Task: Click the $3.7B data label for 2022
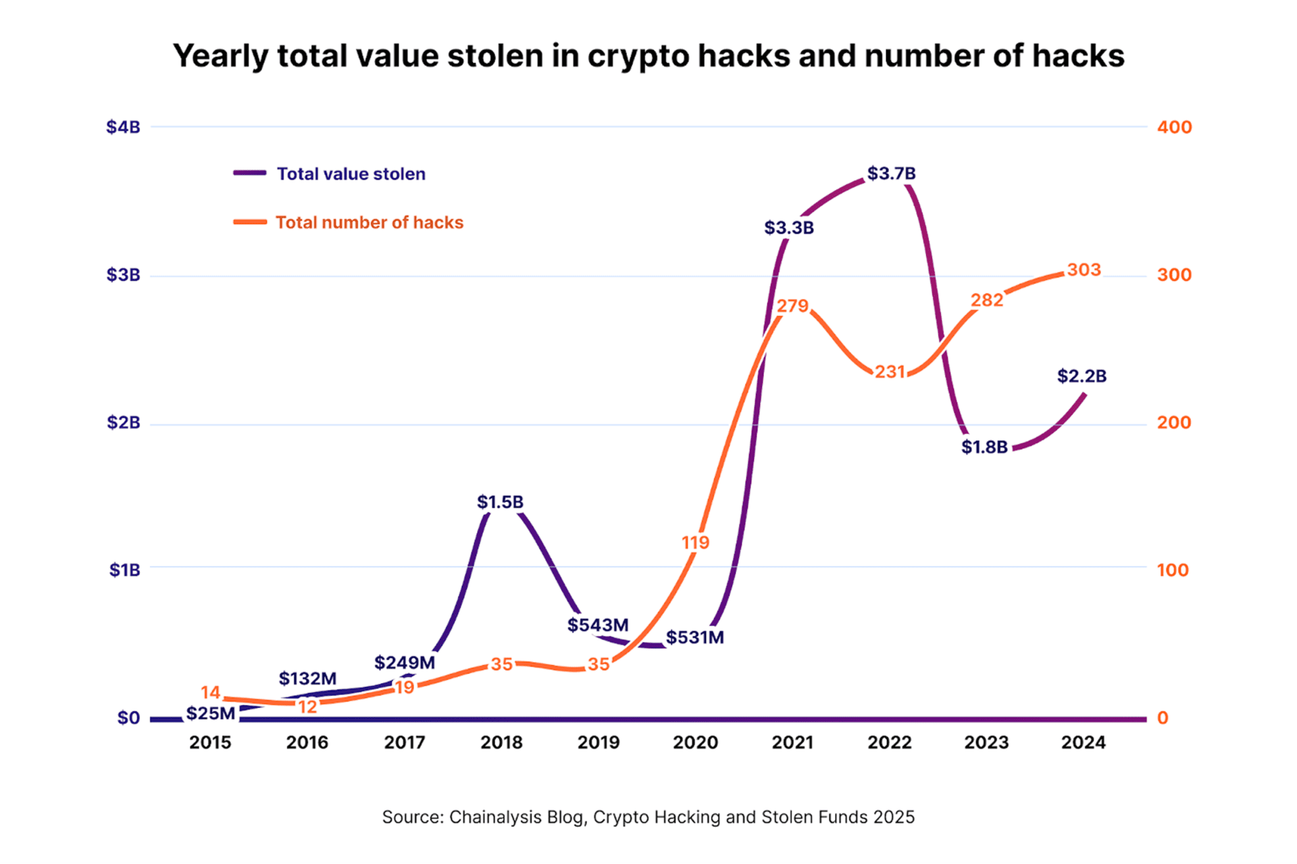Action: click(x=891, y=174)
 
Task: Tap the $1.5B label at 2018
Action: click(x=500, y=502)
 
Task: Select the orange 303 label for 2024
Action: click(x=1084, y=270)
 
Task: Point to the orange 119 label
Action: click(x=695, y=542)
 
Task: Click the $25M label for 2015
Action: click(x=210, y=713)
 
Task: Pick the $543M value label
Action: click(x=598, y=625)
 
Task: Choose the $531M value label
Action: click(x=694, y=637)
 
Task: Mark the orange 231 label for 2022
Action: click(x=890, y=372)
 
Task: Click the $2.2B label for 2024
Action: click(x=1082, y=376)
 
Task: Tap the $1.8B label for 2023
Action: click(x=984, y=447)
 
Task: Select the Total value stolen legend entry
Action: click(x=351, y=174)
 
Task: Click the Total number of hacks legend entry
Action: click(x=369, y=222)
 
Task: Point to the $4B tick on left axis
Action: click(x=123, y=127)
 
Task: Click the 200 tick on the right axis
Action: click(x=1174, y=423)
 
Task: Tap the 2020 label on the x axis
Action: click(x=695, y=742)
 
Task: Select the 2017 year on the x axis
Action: click(x=404, y=742)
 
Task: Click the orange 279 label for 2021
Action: click(x=792, y=306)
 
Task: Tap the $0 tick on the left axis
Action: click(x=128, y=718)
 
